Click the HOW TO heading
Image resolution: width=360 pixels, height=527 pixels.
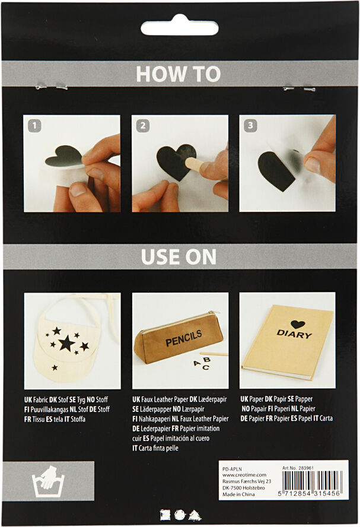pyautogui.click(x=178, y=74)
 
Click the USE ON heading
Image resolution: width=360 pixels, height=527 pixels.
pyautogui.click(x=179, y=256)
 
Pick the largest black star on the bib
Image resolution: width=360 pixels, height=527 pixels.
pyautogui.click(x=66, y=342)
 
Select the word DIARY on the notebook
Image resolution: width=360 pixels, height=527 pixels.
pyautogui.click(x=294, y=334)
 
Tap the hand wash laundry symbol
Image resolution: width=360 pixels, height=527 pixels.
pyautogui.click(x=47, y=482)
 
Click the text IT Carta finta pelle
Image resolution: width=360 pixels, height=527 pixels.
pyautogui.click(x=155, y=447)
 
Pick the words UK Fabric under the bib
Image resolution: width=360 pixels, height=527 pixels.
pyautogui.click(x=39, y=399)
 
